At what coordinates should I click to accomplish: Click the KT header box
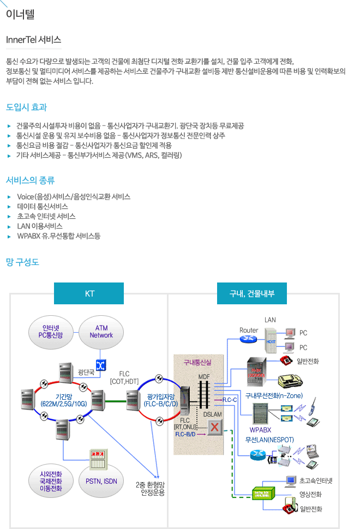[90, 294]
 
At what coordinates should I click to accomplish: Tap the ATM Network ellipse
[101, 332]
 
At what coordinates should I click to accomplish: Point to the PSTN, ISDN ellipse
[101, 481]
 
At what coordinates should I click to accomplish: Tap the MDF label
[204, 377]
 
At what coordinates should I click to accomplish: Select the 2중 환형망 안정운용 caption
[150, 488]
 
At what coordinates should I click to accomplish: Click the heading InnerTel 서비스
[33, 40]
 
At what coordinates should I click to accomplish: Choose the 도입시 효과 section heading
[26, 107]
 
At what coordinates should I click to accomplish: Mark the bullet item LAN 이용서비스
[40, 226]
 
